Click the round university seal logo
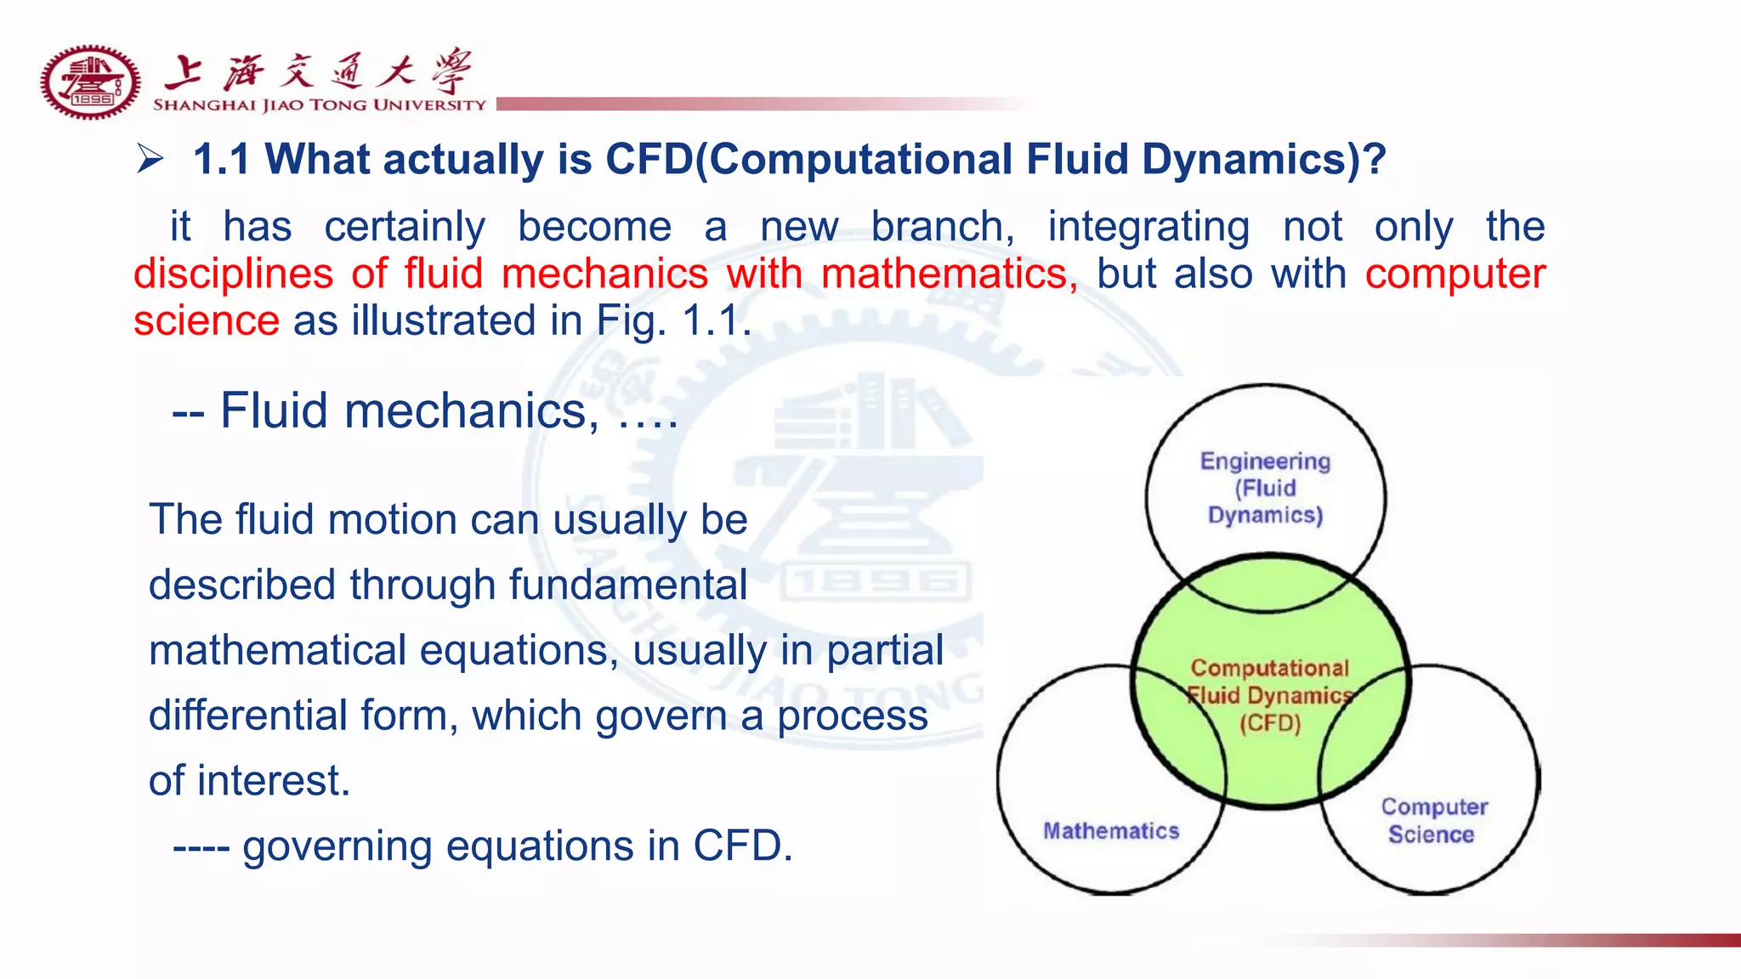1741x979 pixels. (90, 82)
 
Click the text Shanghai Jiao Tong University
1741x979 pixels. (319, 105)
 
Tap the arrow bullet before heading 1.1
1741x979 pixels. (150, 159)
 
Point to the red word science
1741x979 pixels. (207, 320)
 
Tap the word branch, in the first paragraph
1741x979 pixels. (943, 226)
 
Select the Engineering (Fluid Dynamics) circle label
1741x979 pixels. (1265, 488)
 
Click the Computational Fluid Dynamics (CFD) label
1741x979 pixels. (1270, 695)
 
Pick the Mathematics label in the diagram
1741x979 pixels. (1111, 830)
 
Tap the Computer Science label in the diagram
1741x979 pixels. (1433, 820)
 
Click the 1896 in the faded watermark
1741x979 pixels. (875, 584)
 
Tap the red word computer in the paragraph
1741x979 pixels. (1455, 274)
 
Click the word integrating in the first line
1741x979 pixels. (1148, 226)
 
